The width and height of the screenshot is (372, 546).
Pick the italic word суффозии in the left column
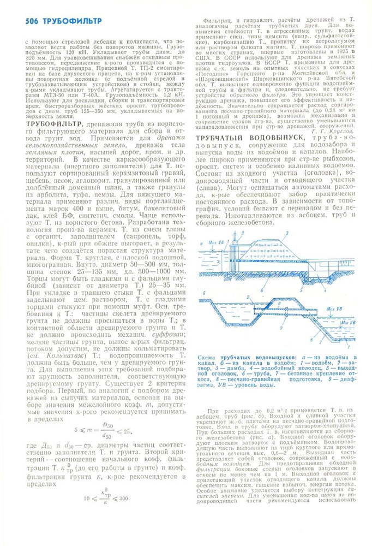click(158, 334)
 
